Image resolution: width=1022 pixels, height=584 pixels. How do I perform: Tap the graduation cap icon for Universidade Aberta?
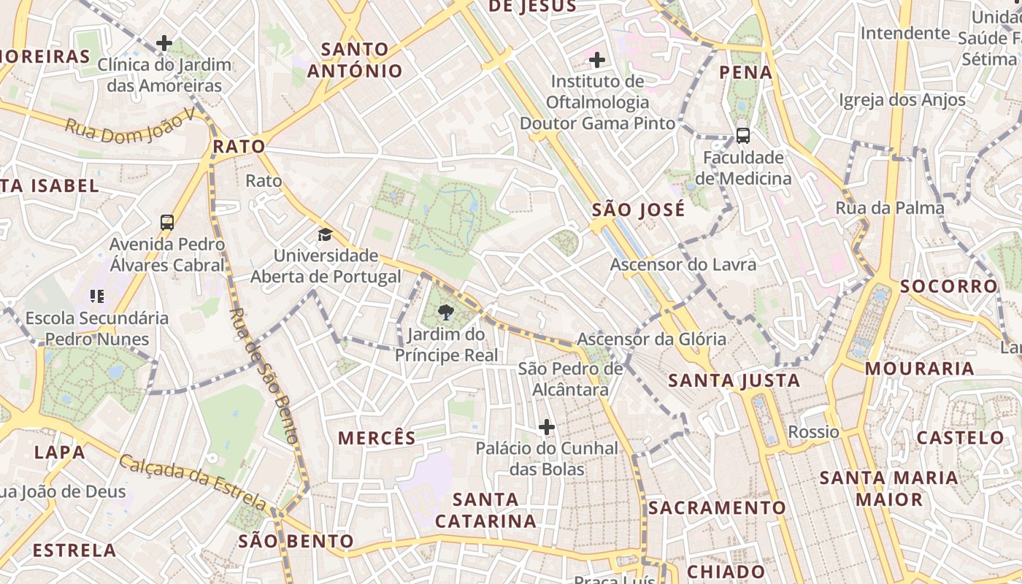[325, 234]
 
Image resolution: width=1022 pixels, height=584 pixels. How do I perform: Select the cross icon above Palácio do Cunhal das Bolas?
[546, 427]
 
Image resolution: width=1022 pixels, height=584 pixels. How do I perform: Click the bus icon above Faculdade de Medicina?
[742, 136]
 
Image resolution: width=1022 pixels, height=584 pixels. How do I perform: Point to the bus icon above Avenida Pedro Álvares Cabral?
[167, 222]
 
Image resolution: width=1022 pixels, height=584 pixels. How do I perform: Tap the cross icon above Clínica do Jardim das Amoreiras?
[164, 43]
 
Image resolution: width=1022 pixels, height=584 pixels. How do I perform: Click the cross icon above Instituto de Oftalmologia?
[597, 59]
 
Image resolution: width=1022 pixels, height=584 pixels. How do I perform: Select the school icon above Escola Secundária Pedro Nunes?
[97, 296]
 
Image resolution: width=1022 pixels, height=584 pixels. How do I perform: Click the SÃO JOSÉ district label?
[638, 210]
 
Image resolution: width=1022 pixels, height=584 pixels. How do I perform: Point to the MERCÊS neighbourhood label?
[377, 438]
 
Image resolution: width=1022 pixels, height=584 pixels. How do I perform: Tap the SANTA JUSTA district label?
[734, 380]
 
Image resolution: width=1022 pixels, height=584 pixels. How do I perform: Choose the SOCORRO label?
[948, 286]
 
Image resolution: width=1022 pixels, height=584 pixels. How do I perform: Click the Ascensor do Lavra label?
[683, 264]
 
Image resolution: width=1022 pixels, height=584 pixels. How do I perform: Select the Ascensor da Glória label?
[651, 339]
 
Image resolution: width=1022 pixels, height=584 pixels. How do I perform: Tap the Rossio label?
[813, 431]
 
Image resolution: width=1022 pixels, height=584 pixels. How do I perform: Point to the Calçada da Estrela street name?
[193, 482]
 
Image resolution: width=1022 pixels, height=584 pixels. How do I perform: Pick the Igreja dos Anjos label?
[902, 100]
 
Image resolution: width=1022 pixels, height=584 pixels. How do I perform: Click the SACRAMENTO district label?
[717, 507]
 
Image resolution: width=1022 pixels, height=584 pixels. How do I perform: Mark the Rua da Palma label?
[890, 208]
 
